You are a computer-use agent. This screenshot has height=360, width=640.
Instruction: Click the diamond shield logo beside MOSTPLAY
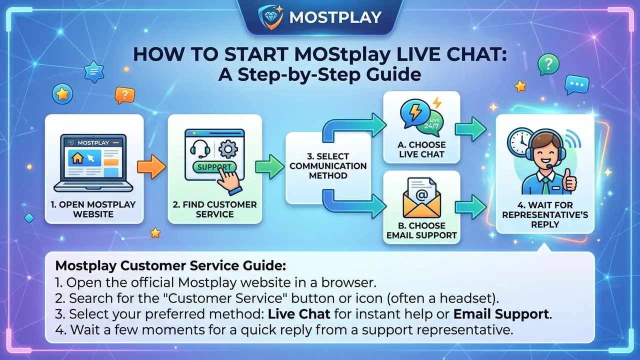pyautogui.click(x=270, y=16)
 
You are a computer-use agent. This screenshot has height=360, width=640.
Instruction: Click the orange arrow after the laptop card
pyautogui.click(x=151, y=167)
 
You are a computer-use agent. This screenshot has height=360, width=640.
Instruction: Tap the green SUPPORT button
pyautogui.click(x=214, y=167)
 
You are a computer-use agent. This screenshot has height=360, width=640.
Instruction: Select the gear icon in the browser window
pyautogui.click(x=228, y=148)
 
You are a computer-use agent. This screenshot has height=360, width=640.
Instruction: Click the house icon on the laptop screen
pyautogui.click(x=77, y=158)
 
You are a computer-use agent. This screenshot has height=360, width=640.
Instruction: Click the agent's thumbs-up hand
pyautogui.click(x=569, y=180)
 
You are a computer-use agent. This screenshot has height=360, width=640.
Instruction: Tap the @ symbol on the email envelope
pyautogui.click(x=421, y=194)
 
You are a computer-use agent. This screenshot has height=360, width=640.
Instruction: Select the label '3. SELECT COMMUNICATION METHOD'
pyautogui.click(x=328, y=166)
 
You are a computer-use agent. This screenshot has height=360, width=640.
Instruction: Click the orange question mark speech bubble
pyautogui.click(x=124, y=95)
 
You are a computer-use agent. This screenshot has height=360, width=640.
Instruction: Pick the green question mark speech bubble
pyautogui.click(x=548, y=64)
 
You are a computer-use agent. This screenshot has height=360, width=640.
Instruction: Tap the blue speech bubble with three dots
pyautogui.click(x=576, y=84)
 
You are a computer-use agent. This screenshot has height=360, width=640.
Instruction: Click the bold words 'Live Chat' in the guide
pyautogui.click(x=299, y=314)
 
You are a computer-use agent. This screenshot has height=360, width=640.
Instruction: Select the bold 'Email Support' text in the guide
pyautogui.click(x=501, y=314)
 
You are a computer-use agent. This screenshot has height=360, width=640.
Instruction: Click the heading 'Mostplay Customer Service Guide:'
pyautogui.click(x=170, y=265)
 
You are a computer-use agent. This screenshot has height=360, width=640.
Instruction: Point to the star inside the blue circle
pyautogui.click(x=62, y=93)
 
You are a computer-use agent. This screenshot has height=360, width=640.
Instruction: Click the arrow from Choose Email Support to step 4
pyautogui.click(x=470, y=207)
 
